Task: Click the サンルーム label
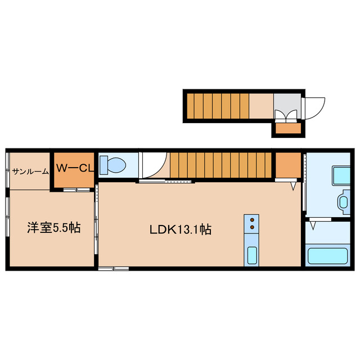[30, 171]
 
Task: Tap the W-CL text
[74, 168]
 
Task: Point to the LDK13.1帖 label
[180, 229]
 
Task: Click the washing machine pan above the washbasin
[341, 175]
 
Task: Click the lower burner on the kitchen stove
[252, 227]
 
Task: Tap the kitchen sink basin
[252, 256]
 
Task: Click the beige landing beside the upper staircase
[261, 106]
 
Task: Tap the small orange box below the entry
[288, 130]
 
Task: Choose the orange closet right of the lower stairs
[287, 164]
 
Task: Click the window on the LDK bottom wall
[114, 269]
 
